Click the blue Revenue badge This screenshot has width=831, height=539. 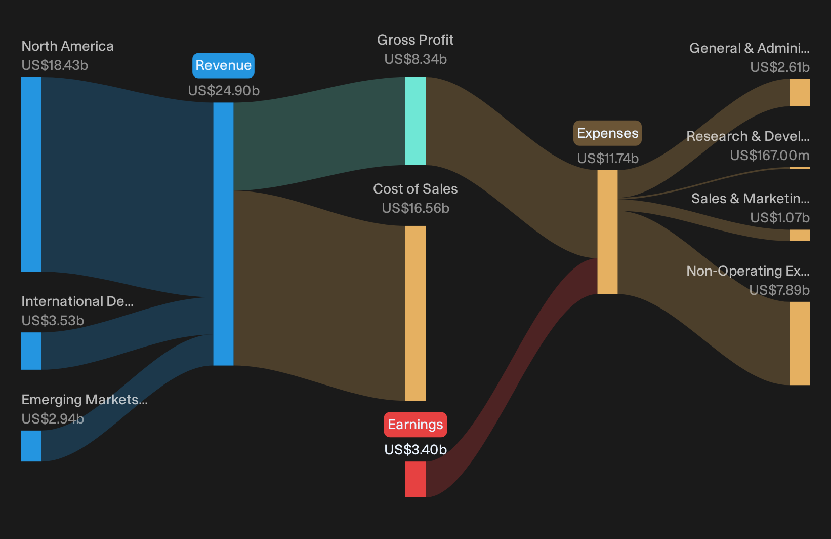[x=223, y=65]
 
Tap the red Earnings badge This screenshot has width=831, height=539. [x=416, y=424]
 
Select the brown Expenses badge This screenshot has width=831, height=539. [x=607, y=133]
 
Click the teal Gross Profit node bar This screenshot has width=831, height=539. [x=416, y=121]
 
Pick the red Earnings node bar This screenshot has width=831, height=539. [x=416, y=479]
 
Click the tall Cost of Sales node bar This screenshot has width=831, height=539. [x=416, y=313]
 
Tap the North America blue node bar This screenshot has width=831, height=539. [x=31, y=174]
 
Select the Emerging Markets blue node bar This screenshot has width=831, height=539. [x=31, y=446]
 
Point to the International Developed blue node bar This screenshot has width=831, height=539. [x=31, y=351]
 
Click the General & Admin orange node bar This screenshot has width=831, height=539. [x=800, y=93]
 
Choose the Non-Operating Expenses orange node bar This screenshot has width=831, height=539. [x=800, y=343]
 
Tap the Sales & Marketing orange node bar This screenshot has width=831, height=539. [x=800, y=235]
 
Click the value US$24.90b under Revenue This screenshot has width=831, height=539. [x=224, y=91]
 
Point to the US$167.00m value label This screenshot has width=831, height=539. [x=770, y=156]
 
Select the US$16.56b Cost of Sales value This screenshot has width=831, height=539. [x=416, y=208]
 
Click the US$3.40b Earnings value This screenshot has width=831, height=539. [x=416, y=450]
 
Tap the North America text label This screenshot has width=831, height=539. [x=67, y=46]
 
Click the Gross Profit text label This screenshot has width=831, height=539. [x=416, y=40]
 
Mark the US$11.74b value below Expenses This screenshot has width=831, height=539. [x=608, y=159]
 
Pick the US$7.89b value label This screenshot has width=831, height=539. [x=779, y=290]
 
